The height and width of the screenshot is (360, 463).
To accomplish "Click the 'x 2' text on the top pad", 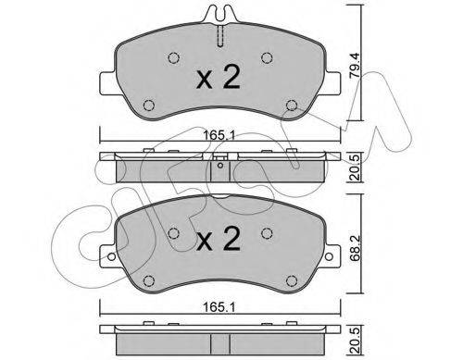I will pos(219,79).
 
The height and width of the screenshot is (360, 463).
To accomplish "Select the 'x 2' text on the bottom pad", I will pos(219,243).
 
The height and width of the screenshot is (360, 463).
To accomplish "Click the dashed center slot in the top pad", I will pos(220,38).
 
